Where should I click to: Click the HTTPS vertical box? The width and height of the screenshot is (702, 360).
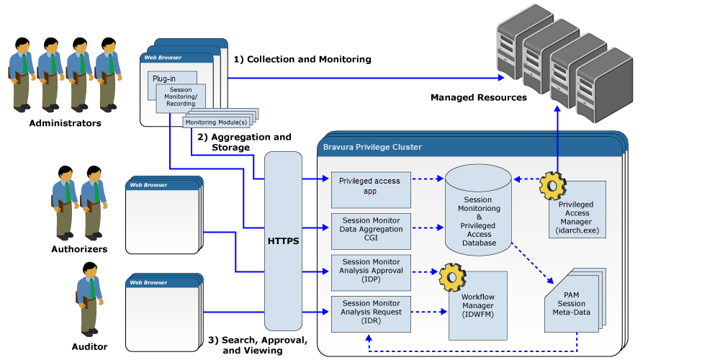(283, 241)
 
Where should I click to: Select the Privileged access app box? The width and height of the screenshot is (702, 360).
(370, 186)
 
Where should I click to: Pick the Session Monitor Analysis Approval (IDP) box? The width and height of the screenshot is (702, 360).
(370, 271)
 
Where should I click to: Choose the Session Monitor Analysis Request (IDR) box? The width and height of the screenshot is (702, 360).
(370, 312)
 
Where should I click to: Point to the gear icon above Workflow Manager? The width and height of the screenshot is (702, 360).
(453, 275)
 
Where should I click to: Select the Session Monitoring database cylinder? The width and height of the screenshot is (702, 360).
(479, 212)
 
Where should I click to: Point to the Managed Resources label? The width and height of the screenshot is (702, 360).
(479, 97)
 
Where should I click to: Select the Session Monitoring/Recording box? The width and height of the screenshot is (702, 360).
(181, 98)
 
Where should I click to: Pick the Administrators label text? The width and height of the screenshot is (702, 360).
(65, 123)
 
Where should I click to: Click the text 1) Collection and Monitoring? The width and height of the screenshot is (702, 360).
(302, 60)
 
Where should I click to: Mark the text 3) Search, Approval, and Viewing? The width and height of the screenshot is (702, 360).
(258, 345)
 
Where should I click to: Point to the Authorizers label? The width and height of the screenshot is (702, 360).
(78, 249)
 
